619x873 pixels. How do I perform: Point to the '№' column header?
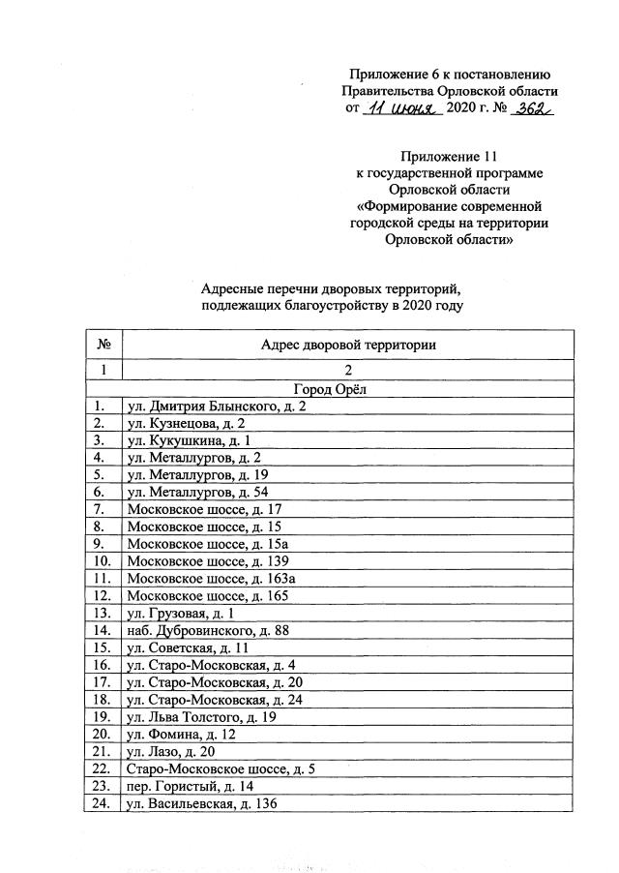click(x=103, y=345)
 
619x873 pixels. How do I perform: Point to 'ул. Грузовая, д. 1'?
click(x=182, y=614)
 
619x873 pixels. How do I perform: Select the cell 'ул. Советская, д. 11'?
click(x=189, y=647)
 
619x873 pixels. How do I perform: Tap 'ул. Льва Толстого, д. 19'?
click(x=202, y=716)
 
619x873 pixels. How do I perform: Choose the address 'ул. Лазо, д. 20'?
click(x=171, y=751)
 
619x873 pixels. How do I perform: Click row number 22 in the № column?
click(x=103, y=768)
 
